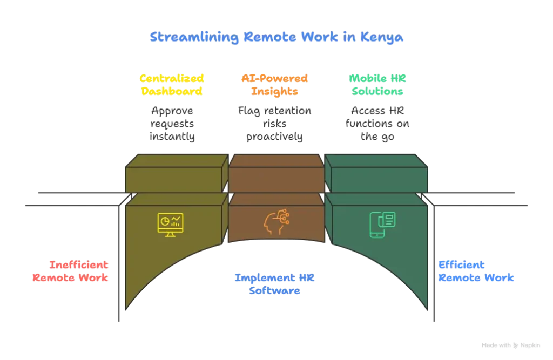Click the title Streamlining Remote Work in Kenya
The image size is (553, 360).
(x=275, y=38)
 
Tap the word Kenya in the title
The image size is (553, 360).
(x=384, y=38)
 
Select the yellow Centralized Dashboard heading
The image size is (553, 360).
(x=172, y=85)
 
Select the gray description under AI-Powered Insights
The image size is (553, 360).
(x=276, y=124)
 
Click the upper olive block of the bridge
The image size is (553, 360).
(x=174, y=179)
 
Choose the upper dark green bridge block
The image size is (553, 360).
(x=378, y=179)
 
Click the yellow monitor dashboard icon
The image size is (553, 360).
(x=170, y=223)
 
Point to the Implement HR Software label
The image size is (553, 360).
(x=274, y=284)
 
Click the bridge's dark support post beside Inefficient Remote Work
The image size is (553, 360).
(x=119, y=259)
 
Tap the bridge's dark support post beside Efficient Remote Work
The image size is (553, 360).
(x=433, y=259)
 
